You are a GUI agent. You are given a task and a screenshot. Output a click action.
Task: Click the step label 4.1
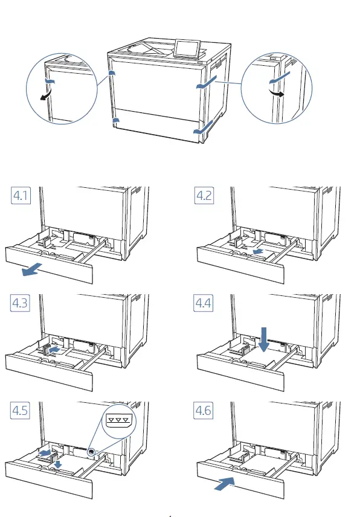(21, 195)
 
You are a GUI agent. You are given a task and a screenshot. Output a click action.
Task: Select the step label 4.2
(204, 195)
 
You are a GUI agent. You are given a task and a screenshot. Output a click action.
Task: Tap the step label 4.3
(20, 303)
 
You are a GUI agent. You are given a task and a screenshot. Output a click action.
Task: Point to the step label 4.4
(204, 303)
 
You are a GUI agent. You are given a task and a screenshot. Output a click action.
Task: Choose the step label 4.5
(20, 411)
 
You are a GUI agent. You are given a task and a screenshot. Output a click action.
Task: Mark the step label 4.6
(204, 411)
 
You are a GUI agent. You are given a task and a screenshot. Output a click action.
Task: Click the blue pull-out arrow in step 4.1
(31, 269)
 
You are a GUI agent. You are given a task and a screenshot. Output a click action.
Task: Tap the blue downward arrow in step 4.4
(264, 339)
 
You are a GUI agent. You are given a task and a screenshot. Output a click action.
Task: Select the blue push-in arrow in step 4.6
(225, 484)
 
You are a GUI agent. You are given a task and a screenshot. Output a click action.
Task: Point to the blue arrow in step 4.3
(54, 349)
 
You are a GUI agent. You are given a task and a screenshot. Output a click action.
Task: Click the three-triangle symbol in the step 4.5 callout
(118, 420)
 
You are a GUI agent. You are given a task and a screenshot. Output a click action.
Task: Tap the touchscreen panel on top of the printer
(187, 48)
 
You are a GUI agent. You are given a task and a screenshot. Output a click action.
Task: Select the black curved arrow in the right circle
(277, 92)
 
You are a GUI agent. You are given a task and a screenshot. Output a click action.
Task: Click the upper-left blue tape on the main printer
(112, 73)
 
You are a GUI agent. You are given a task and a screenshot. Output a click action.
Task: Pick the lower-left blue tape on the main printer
(115, 120)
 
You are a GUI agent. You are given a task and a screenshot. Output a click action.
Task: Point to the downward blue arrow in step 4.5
(59, 464)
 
